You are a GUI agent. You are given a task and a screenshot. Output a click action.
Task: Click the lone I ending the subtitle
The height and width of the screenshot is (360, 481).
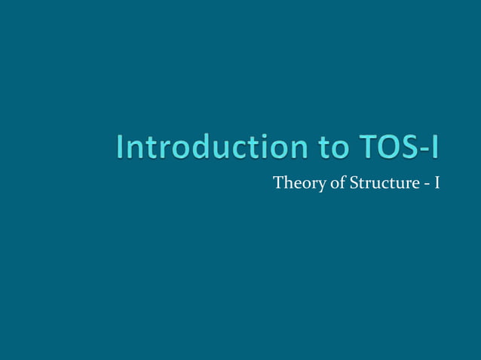(436, 183)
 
